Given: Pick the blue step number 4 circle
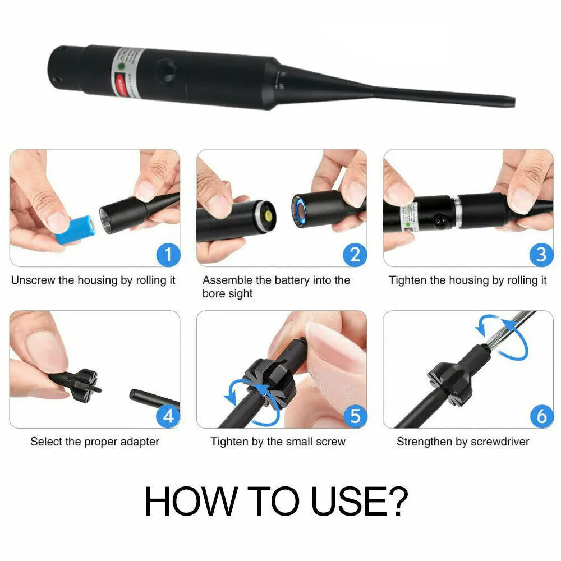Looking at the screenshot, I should [x=168, y=416].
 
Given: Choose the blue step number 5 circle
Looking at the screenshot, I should [x=355, y=416].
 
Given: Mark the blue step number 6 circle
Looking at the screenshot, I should [x=541, y=416].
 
